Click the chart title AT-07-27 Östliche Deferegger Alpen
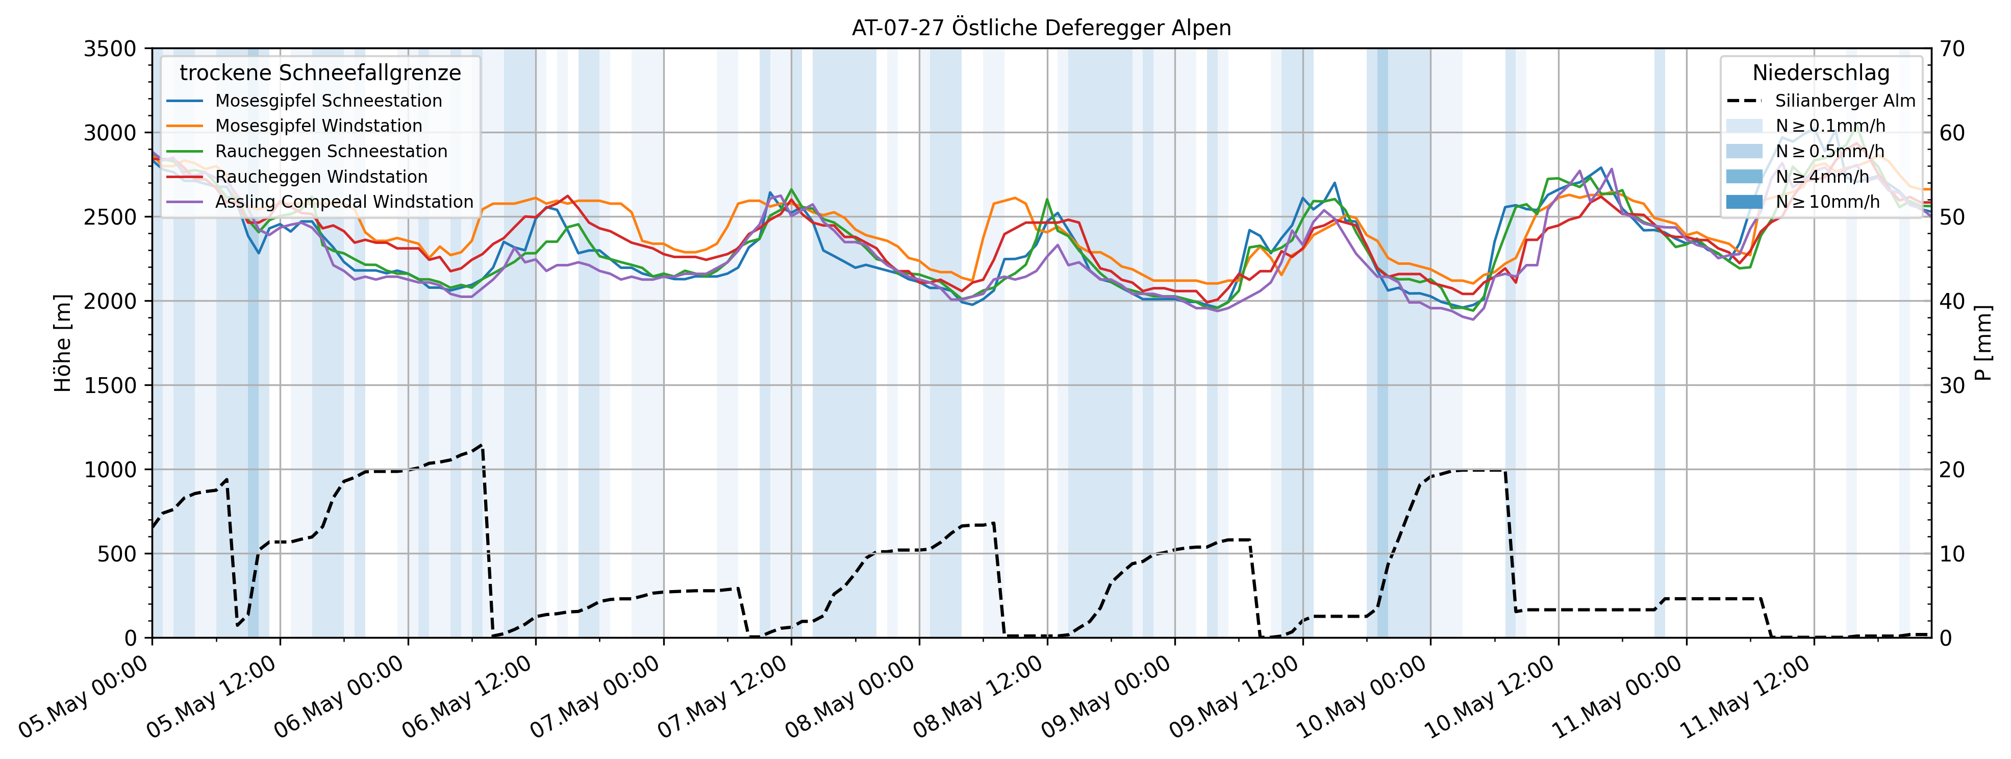click(1041, 28)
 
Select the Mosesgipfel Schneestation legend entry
click(328, 101)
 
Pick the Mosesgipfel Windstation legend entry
click(318, 126)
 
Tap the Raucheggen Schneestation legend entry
click(331, 152)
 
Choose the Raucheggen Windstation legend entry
click(321, 177)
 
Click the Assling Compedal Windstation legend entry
click(343, 202)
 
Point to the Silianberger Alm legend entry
click(1845, 101)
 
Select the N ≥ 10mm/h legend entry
click(1827, 202)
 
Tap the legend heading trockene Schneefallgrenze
click(320, 72)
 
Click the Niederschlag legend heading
click(1821, 72)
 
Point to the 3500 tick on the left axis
click(109, 48)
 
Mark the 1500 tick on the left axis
click(109, 385)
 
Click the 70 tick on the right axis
click(1952, 48)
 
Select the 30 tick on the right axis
click(1952, 385)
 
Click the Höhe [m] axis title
click(62, 344)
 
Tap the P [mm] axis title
click(1983, 344)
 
